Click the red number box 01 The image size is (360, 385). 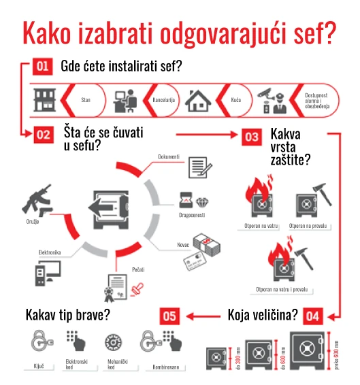tap(42, 66)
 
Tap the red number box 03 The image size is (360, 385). tap(252, 137)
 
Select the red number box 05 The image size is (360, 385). tap(169, 316)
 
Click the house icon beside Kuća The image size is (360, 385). tap(198, 101)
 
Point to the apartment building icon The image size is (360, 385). tap(44, 100)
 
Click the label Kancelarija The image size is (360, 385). tap(163, 100)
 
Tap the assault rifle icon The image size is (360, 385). tap(37, 198)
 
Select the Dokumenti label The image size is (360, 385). tap(169, 156)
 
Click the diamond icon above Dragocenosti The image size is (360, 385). tap(202, 202)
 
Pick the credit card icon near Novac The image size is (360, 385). tap(195, 261)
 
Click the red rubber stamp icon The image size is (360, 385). tap(137, 288)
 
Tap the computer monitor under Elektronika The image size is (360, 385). tap(52, 271)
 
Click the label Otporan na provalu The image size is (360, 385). tap(308, 226)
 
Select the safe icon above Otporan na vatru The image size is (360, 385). tap(262, 205)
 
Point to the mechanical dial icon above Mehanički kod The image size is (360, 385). tap(113, 342)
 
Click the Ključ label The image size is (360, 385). tap(39, 367)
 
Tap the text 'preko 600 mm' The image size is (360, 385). tap(336, 355)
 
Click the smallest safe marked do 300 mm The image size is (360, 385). tap(216, 358)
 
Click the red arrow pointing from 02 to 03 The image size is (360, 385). tap(207, 135)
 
